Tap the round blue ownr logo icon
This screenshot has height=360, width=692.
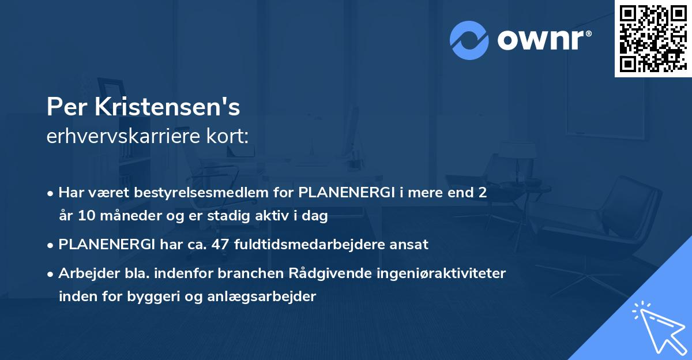[x=469, y=40]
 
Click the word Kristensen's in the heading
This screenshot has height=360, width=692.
[x=168, y=107]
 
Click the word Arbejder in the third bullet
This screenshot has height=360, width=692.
[x=85, y=273]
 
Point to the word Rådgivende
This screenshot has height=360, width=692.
[x=323, y=273]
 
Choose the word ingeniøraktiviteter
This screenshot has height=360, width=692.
[x=434, y=273]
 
